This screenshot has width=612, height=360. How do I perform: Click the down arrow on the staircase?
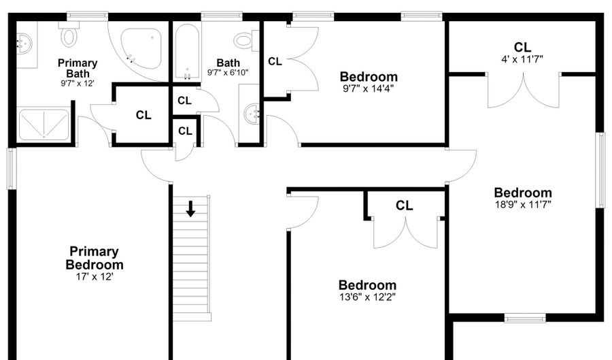pos(190,208)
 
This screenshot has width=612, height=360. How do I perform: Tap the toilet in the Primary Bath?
pos(69,34)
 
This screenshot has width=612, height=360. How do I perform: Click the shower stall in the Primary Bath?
pos(44,125)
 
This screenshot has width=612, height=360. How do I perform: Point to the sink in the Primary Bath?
pos(22,44)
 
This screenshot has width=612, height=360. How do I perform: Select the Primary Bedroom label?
pos(95,258)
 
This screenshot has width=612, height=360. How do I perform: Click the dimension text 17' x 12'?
pos(95,277)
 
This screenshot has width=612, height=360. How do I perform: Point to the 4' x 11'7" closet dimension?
pos(522,59)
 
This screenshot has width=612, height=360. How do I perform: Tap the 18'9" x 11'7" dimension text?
pos(523,204)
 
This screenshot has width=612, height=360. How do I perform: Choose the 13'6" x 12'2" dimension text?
pos(367,297)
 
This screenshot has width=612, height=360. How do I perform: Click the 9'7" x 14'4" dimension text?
pos(368,88)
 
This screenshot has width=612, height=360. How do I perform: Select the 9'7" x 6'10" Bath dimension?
pos(228,72)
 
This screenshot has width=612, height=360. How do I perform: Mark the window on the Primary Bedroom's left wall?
pos(12,169)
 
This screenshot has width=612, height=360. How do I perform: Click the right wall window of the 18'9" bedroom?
pos(600,170)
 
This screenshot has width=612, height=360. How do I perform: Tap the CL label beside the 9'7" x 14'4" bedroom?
pos(275,62)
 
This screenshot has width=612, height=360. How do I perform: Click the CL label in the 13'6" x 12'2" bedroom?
pos(404,206)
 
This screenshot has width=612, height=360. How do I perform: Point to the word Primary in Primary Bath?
pos(78,63)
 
